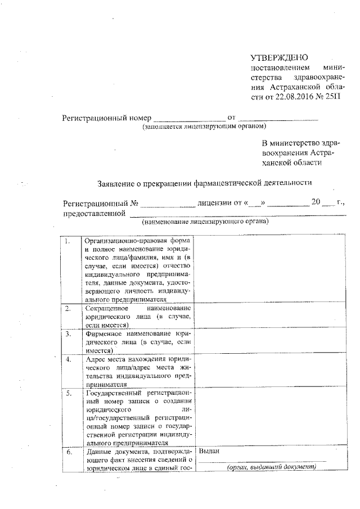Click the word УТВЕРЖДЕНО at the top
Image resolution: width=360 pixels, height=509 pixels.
pos(280,57)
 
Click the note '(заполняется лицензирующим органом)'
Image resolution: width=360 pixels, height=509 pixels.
pos(199,128)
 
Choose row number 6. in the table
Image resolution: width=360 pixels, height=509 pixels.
pos(68,452)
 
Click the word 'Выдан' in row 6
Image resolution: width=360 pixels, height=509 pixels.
pos(209,451)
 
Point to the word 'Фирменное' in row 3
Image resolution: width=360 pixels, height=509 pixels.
pos(105,333)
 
